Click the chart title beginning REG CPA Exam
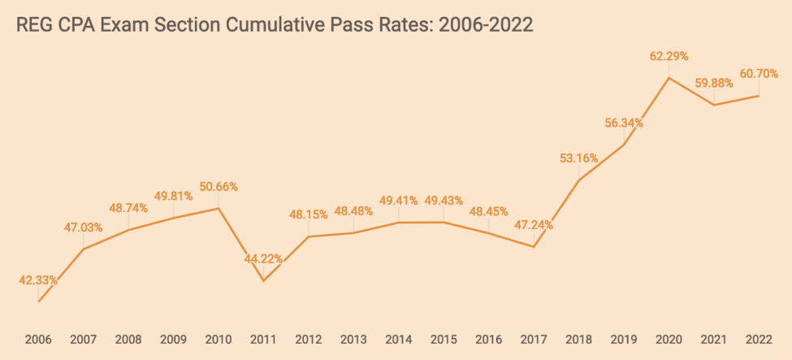275,25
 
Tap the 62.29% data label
669,56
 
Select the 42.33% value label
38,280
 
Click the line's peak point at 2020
669,78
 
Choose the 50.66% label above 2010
219,187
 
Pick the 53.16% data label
578,158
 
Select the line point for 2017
534,247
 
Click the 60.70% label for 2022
759,74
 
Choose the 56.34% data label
624,124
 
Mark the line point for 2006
38,301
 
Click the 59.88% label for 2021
714,83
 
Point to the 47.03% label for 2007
84,228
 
